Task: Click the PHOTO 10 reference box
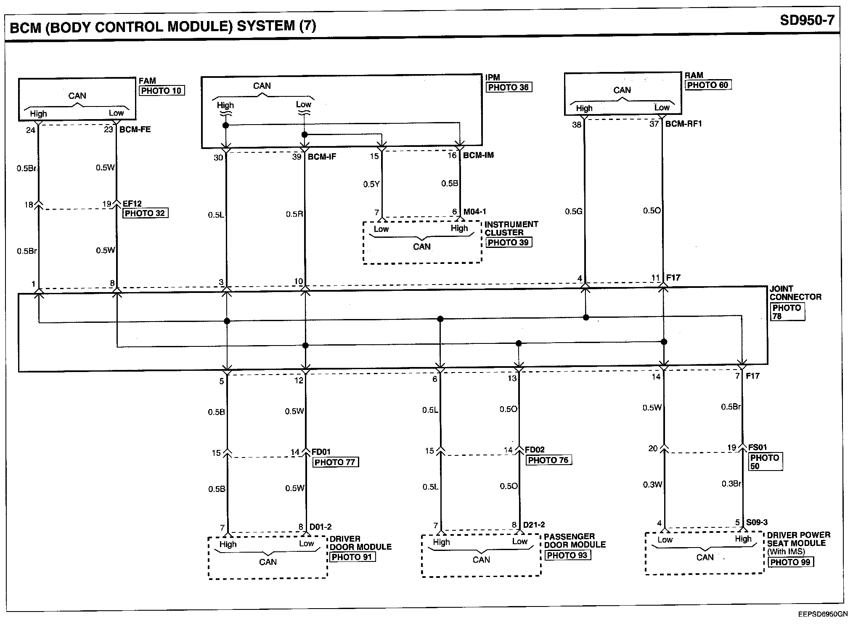coord(162,90)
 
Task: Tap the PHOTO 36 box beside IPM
coord(508,88)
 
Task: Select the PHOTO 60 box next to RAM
coord(708,85)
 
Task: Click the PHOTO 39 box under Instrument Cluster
coord(508,242)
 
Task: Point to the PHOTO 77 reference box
coord(335,462)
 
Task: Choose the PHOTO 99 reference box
coord(790,562)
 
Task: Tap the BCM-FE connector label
coord(135,130)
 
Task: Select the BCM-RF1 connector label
coord(683,124)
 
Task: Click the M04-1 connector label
coord(475,212)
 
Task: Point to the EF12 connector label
coord(132,204)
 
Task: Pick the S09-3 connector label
coord(757,522)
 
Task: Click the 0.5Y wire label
coord(371,184)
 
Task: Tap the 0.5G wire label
coord(573,211)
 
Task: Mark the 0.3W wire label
coord(652,485)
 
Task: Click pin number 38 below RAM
coord(576,125)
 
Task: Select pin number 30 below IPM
coord(218,158)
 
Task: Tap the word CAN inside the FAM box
coord(77,96)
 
